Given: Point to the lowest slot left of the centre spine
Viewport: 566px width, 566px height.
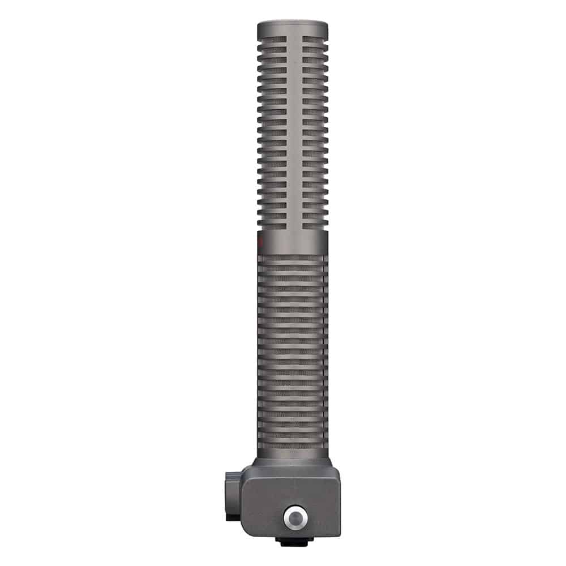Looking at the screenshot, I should tap(273, 225).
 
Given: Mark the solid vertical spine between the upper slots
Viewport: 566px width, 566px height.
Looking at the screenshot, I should tap(292, 130).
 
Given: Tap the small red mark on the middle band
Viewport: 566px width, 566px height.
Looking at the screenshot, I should tap(259, 242).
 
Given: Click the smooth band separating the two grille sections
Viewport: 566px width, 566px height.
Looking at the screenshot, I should tap(292, 242).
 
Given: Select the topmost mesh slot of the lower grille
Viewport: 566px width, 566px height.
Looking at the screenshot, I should tap(292, 258).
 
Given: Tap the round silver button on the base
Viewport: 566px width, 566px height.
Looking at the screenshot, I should tap(294, 517).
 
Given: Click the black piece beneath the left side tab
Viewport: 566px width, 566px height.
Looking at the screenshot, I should tap(231, 517).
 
